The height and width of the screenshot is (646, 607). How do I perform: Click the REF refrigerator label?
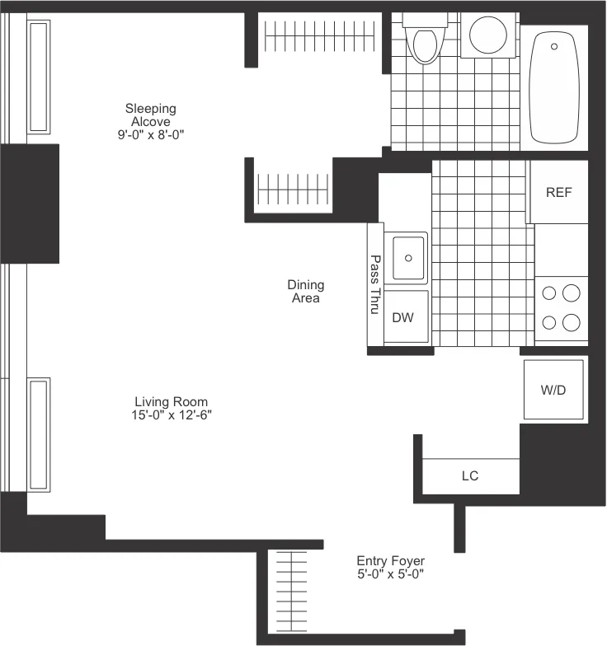tap(558, 193)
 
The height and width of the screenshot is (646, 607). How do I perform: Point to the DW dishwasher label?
tap(402, 318)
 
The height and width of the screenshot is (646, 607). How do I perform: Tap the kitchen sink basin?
tap(408, 256)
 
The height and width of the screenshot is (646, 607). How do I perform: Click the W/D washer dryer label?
tap(553, 390)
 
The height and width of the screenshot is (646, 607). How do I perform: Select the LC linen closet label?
tap(470, 476)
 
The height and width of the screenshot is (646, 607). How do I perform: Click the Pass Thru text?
tap(374, 284)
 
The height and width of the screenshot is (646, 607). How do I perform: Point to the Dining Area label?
tap(305, 292)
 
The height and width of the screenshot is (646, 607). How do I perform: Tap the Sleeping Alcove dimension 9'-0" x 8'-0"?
tap(150, 134)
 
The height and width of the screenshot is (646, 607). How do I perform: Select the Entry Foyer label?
tap(390, 561)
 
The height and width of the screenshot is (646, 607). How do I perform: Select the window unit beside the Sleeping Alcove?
tap(39, 77)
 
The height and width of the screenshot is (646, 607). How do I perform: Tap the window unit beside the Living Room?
tap(39, 433)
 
